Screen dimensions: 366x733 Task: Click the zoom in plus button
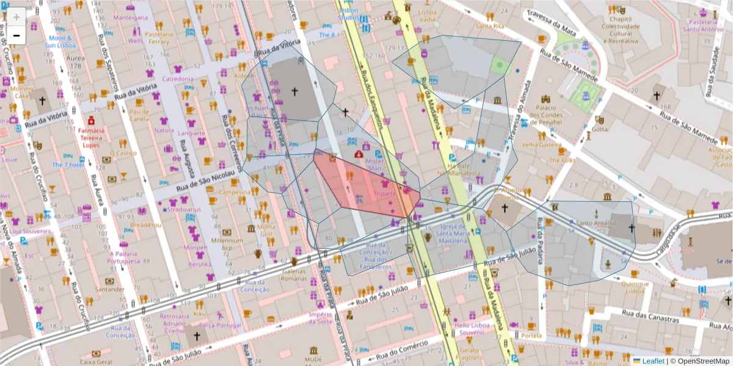[x=16, y=17]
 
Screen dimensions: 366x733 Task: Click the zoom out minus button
[x=16, y=35]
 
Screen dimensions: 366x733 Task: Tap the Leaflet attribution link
[x=653, y=361]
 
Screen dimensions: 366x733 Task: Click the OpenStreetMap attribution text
[x=702, y=361]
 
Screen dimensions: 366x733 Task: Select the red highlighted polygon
[x=366, y=186]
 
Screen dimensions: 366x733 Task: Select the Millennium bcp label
[x=227, y=244]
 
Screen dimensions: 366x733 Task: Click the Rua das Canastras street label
[x=650, y=316]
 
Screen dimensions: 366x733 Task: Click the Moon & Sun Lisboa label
[x=59, y=41]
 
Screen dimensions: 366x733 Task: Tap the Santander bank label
[x=109, y=290]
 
